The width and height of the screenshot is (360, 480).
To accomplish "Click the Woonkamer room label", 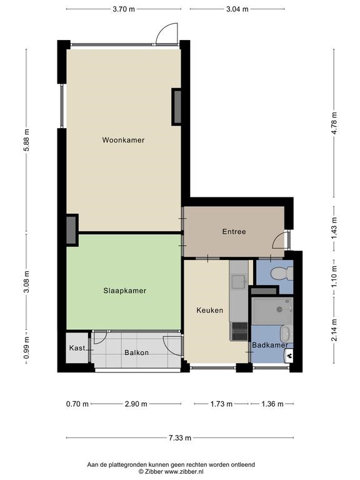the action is point(123,140).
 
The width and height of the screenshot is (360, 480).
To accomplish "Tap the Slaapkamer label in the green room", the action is point(124,291).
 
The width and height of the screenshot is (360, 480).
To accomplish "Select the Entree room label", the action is point(234,232).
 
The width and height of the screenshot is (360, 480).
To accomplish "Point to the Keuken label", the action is point(210,311).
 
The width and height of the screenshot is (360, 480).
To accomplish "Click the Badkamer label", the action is point(270,345).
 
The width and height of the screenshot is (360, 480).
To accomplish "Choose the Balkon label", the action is point(136,352).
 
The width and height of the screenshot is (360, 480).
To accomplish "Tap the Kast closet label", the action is point(77,348).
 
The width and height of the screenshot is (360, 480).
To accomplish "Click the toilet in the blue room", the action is point(282,272).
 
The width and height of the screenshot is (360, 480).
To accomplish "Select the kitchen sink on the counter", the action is point(239,282).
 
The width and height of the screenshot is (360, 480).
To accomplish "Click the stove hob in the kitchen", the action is point(239,331).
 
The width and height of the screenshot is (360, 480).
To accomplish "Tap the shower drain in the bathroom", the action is point(279,310).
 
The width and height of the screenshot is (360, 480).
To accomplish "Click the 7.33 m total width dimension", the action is point(180,437).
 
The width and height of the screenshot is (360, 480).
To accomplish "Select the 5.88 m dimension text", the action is point(27,140).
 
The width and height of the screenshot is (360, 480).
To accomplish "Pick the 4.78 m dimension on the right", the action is point(334,123).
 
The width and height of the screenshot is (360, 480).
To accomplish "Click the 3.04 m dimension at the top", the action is point(237,9).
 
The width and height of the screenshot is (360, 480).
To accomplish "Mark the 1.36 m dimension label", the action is point(272,404).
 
